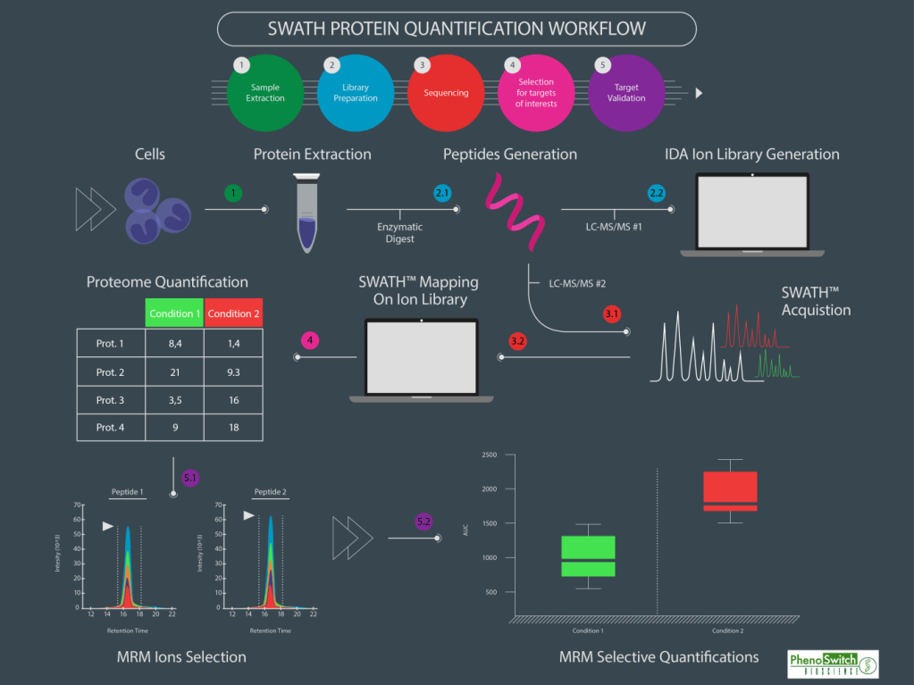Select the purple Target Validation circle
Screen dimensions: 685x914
[626, 93]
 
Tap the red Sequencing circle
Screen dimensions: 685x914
[446, 93]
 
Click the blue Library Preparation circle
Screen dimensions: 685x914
[355, 93]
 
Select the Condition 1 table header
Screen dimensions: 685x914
[174, 313]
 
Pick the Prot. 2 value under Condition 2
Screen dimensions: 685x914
[233, 372]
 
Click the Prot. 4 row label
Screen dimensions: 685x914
[110, 428]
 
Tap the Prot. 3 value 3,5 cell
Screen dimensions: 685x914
[174, 400]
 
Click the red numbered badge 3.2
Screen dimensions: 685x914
[518, 341]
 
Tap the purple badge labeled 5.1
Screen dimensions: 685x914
[191, 478]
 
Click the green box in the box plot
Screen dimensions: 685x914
[588, 556]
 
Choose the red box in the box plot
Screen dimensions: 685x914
[730, 491]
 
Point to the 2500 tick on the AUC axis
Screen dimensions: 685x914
[489, 455]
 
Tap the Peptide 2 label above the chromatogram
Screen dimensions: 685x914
[270, 492]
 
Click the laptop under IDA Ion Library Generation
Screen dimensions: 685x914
[752, 214]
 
